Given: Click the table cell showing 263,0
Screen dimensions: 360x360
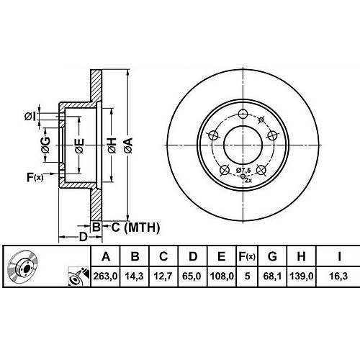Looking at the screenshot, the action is (105, 276).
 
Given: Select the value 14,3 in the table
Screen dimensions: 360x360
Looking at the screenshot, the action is (134, 276).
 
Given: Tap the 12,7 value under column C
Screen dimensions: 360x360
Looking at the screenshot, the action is (163, 276).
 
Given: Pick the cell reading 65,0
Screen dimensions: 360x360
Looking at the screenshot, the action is (192, 276).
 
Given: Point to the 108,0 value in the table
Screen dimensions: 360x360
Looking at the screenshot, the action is (222, 276).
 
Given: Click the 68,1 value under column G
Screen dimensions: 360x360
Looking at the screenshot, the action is (272, 276).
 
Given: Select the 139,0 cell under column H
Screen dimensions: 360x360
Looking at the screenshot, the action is (302, 276).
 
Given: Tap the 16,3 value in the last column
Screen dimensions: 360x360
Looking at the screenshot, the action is (338, 276).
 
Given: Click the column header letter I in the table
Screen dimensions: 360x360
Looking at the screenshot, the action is (339, 256).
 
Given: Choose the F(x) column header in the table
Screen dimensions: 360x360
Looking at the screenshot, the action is (247, 256).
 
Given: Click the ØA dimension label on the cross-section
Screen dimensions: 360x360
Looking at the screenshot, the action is (129, 145).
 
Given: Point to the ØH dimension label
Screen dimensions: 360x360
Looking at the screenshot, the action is (112, 145).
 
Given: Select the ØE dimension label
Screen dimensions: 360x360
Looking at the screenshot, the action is (79, 145).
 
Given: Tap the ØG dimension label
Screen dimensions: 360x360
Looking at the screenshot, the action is (45, 145).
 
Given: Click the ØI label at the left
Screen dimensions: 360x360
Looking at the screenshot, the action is (30, 117).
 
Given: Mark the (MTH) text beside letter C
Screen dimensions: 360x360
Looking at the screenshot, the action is (142, 228).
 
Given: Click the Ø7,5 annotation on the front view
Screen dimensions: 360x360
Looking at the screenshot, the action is (243, 170).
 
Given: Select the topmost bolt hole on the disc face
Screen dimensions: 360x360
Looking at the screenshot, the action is (243, 114).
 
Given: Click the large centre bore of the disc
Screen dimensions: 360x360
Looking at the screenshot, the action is (243, 145).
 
